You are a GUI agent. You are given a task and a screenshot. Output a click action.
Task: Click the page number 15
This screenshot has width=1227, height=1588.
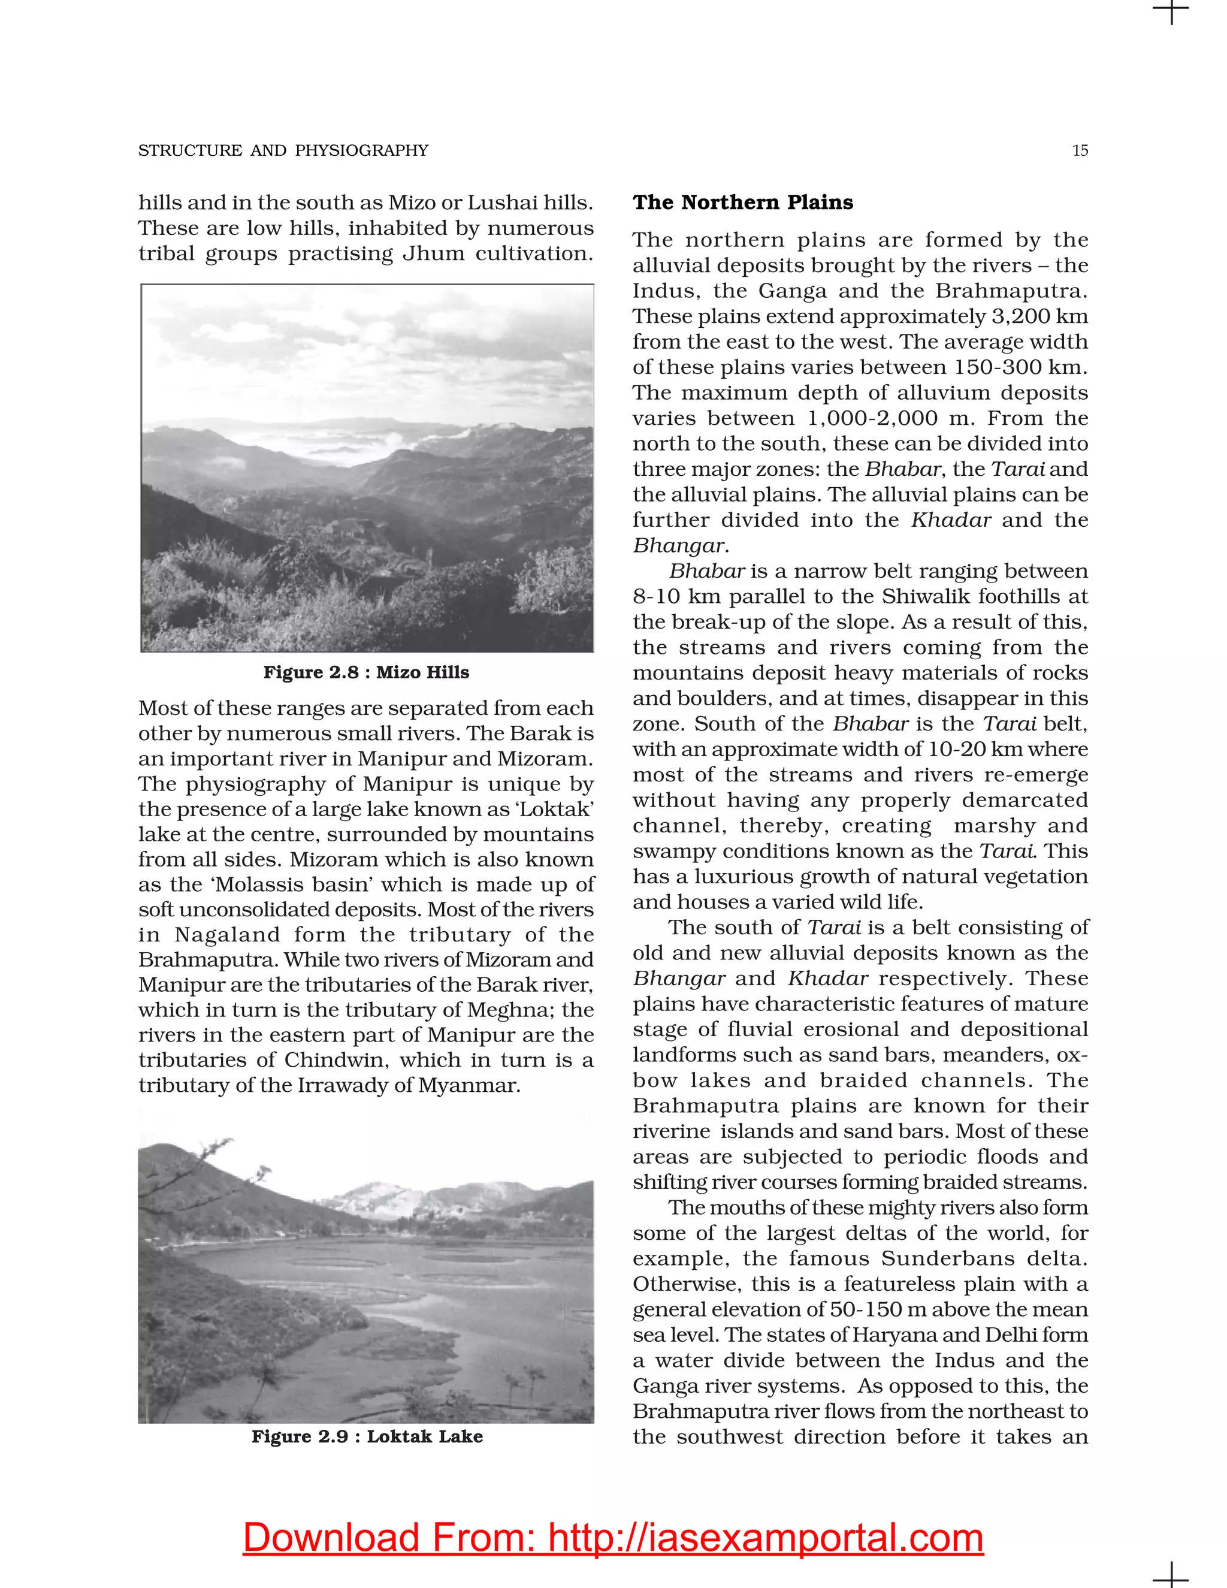pyautogui.click(x=1080, y=150)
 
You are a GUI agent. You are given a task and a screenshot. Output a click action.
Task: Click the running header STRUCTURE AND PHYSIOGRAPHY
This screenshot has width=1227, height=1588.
pyautogui.click(x=283, y=150)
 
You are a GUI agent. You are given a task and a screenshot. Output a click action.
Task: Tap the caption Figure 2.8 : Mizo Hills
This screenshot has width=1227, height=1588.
pyautogui.click(x=365, y=672)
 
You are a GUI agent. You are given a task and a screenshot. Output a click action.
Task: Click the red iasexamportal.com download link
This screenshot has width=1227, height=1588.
pyautogui.click(x=613, y=1538)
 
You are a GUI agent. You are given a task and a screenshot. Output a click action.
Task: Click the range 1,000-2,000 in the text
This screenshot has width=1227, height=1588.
pyautogui.click(x=872, y=418)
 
